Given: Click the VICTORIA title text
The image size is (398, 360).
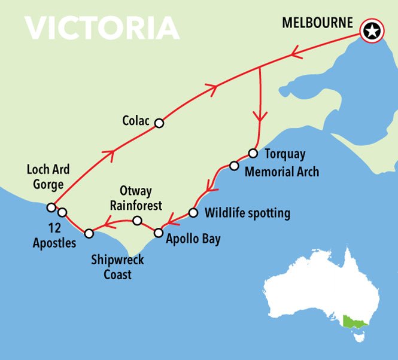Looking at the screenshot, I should pos(102,27).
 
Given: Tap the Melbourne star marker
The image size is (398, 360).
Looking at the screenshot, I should pos(372,31).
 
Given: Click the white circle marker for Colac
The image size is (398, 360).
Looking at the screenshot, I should pos(159,123).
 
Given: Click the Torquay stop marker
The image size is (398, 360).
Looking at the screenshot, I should pos(253,152).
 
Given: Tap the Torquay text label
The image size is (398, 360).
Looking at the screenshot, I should pos(284,154).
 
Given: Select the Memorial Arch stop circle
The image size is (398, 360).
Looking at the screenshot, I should pos(234,166).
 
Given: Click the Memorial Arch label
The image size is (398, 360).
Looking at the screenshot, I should pos(282,172).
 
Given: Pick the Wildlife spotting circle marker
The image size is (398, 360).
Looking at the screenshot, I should pos(193,212).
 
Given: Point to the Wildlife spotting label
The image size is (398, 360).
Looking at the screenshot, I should pos(247,213).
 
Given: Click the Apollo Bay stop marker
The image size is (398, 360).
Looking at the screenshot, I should pos(159,233).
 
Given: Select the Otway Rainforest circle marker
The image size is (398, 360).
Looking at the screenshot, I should pos(137,221).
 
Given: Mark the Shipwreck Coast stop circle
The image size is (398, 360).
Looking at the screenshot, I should pos(89,233).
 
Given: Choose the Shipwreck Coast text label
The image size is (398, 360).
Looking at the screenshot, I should pos(117,267).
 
